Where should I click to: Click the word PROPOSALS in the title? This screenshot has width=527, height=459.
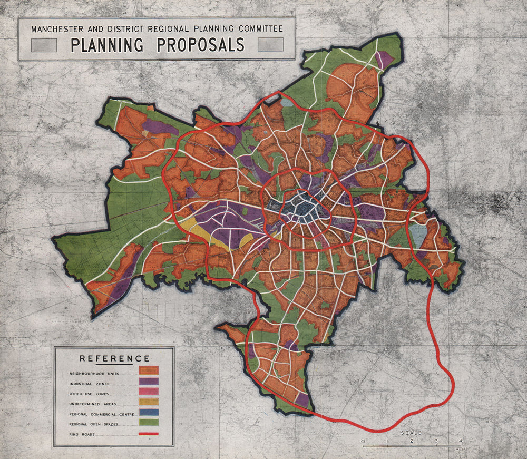click(201, 45)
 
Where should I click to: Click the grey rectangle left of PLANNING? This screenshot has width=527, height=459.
click(44, 45)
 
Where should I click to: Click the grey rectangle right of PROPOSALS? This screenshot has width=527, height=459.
click(270, 45)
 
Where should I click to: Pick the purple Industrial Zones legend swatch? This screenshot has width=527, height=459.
click(148, 383)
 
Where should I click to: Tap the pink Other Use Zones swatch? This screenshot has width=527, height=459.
click(148, 393)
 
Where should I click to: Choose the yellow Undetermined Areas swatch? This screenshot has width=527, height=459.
click(148, 404)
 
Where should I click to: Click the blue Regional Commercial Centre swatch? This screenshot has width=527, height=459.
click(148, 414)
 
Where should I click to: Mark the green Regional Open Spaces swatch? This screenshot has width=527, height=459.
click(148, 424)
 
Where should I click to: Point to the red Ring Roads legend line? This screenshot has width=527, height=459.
click(148, 434)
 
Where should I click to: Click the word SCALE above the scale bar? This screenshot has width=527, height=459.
click(411, 433)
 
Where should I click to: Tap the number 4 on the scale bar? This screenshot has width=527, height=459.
click(461, 441)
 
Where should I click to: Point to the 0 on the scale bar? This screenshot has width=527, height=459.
click(362, 441)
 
